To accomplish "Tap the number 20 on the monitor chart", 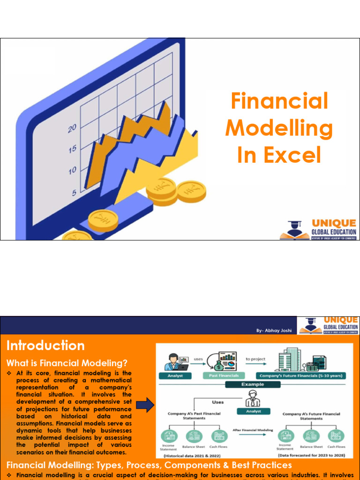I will (x=72, y=128).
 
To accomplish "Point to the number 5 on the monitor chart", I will (x=74, y=192).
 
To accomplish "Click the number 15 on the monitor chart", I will (x=72, y=150).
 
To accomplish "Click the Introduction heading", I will (x=45, y=346).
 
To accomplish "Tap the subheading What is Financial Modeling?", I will (x=67, y=363).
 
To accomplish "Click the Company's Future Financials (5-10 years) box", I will (x=300, y=375).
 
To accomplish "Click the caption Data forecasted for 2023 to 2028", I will (x=312, y=455).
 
